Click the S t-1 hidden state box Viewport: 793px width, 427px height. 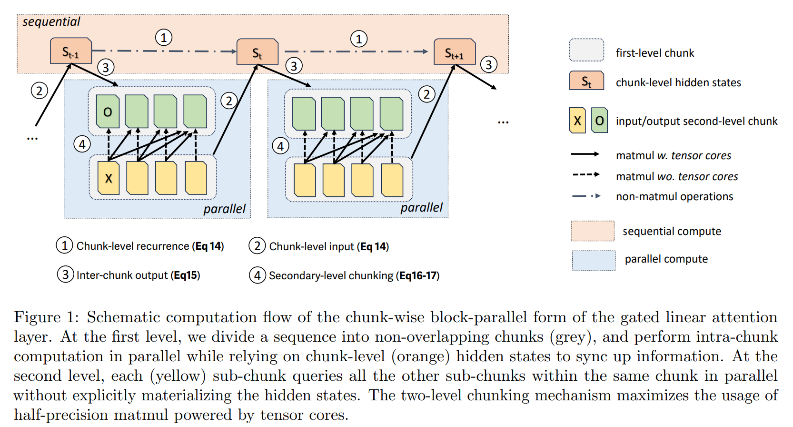(71, 51)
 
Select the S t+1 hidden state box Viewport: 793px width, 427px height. (455, 52)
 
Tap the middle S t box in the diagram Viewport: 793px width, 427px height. (258, 52)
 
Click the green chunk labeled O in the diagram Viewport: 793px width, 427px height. (108, 112)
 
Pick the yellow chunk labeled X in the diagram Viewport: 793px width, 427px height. (109, 178)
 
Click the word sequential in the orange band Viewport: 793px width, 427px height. (51, 22)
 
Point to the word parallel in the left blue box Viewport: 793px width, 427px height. (224, 209)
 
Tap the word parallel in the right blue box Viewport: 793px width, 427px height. (421, 208)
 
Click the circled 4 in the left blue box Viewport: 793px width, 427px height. (82, 144)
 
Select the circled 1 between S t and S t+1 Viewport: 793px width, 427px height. (359, 39)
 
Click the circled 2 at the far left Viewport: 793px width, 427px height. (40, 90)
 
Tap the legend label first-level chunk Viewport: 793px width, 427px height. (654, 53)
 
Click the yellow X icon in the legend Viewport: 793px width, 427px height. (577, 120)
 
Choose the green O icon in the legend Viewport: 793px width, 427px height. (599, 120)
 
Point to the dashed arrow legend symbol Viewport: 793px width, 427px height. (586, 175)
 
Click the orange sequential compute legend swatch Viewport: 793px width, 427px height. (593, 231)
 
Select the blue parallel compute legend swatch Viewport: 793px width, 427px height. (594, 260)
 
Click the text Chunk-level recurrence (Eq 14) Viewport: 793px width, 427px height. (150, 246)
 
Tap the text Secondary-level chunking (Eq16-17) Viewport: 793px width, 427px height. (354, 275)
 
